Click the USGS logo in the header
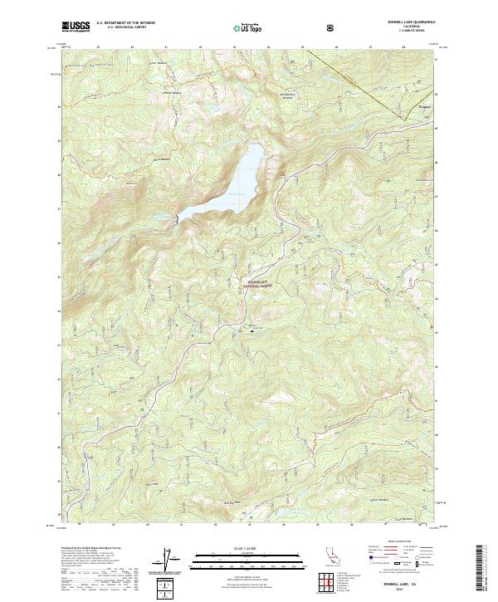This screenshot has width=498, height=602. [76, 27]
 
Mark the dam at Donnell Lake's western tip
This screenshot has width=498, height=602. [176, 219]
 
